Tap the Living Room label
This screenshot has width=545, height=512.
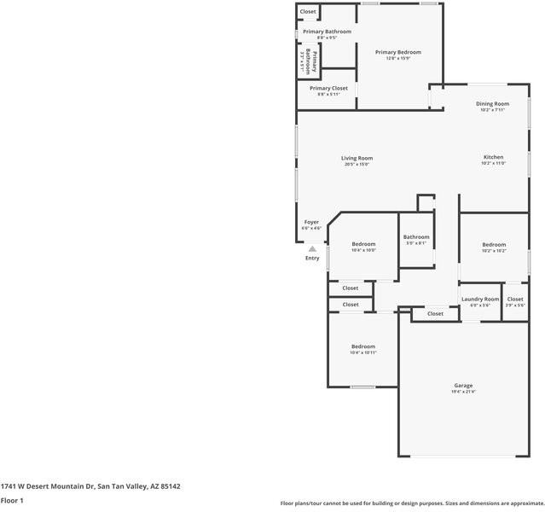coord(357,158)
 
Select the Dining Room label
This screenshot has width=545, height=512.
coord(492,103)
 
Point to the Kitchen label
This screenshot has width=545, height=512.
coord(493,157)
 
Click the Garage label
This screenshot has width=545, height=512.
coord(463,385)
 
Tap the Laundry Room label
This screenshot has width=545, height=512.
coord(480,299)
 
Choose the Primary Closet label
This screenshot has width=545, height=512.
coord(328,88)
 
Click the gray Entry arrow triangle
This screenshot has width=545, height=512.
coord(312,248)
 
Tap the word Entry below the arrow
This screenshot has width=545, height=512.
coord(312,258)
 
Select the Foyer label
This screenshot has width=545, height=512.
coord(311,222)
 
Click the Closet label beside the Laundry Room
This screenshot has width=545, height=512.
coord(515,299)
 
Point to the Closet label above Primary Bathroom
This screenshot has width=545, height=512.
coord(308,11)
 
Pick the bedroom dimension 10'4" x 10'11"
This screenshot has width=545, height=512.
coord(363,352)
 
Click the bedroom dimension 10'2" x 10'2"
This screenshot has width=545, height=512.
coord(493,251)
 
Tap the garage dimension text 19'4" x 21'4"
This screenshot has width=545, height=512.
coord(463,392)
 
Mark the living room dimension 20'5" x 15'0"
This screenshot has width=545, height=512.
coord(357,165)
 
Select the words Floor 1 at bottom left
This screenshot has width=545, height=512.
coord(12,500)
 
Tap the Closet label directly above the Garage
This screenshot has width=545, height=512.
coord(435,313)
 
